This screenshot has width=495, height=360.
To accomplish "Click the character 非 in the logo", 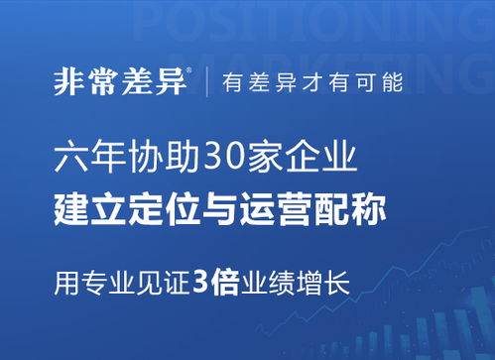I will coord(69,82).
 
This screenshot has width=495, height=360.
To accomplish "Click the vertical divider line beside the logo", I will coord(207,82).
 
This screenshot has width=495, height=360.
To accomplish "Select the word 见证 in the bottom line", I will coord(159,281).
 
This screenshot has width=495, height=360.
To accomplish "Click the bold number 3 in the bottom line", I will coord(200,281).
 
